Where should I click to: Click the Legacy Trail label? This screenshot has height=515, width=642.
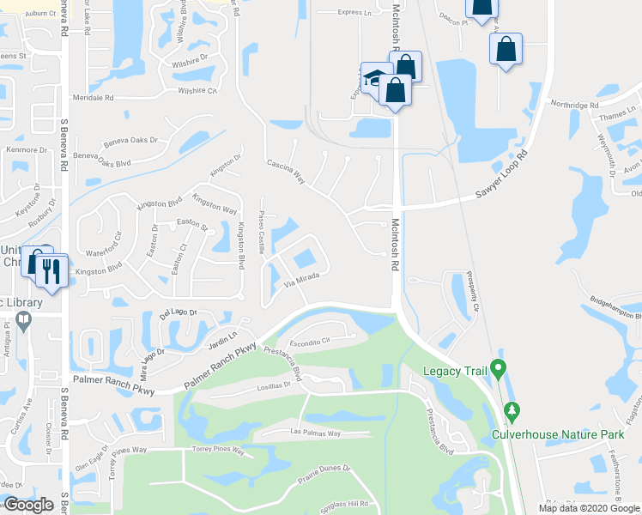click(454, 372)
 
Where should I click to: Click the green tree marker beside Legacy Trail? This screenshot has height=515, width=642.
click(497, 371)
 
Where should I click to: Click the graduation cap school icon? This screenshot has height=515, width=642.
click(375, 79)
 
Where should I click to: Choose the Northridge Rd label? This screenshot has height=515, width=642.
click(575, 105)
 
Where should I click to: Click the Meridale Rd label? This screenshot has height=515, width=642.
click(93, 99)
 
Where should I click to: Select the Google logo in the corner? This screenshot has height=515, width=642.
click(28, 505)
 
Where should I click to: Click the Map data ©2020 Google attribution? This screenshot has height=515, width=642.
click(590, 508)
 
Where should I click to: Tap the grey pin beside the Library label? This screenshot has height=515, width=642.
click(23, 321)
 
